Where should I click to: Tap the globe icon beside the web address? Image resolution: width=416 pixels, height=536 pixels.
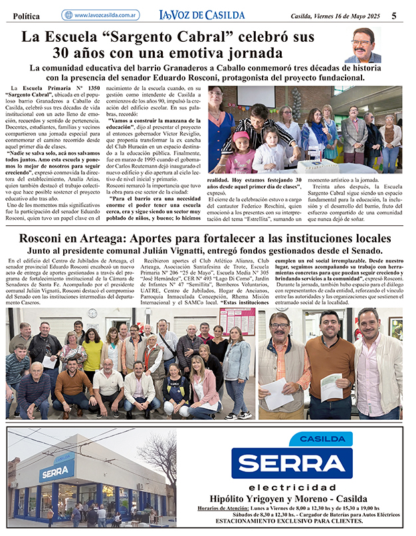click(x=68, y=15)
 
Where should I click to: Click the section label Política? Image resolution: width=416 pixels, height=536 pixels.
click(x=26, y=16)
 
